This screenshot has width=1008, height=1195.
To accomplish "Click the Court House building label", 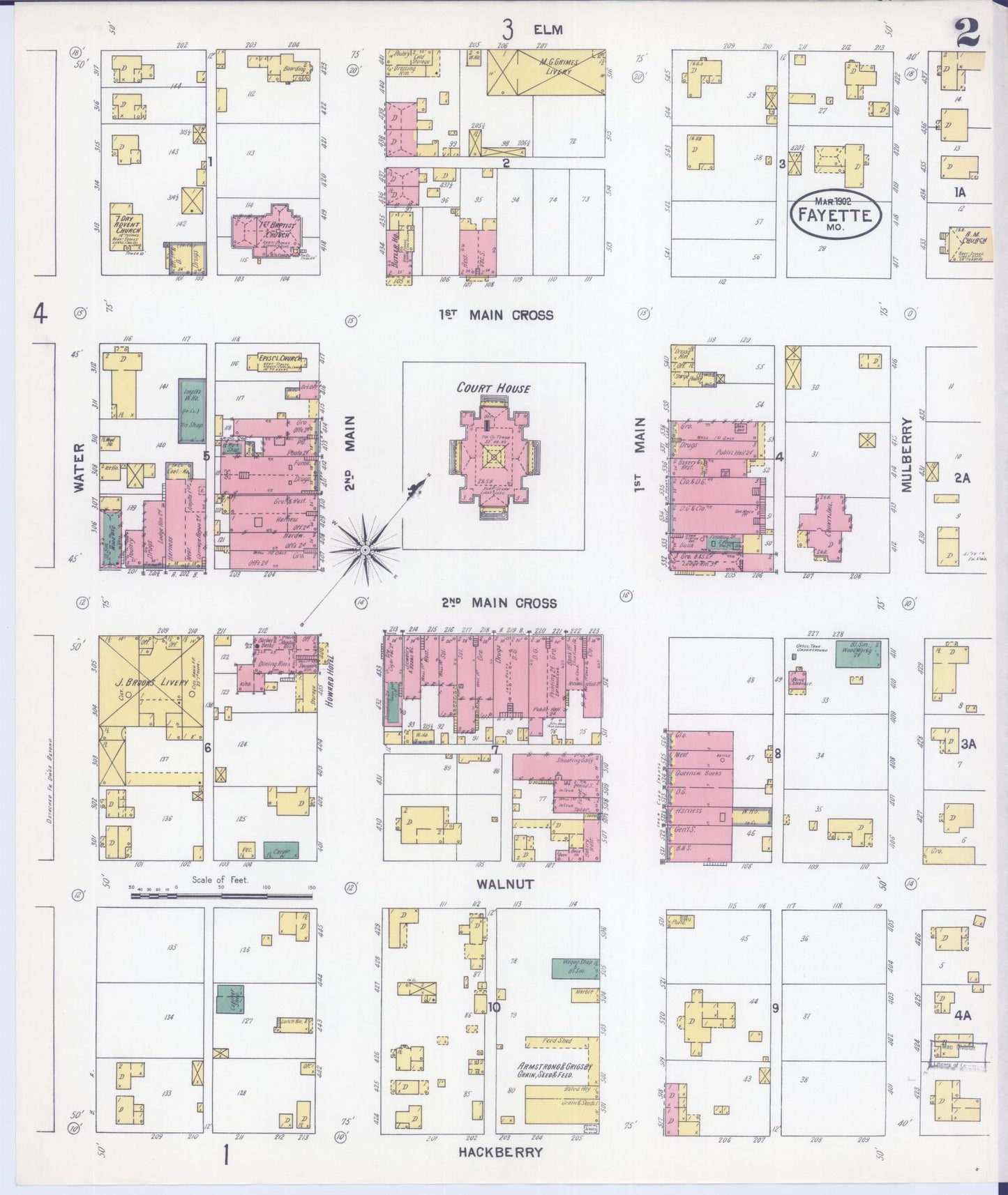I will tap(494, 388).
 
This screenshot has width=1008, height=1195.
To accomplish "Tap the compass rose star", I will tap(364, 550).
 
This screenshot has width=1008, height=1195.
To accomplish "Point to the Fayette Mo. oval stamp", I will tap(836, 215).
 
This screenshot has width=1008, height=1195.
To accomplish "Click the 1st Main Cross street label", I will tap(495, 315).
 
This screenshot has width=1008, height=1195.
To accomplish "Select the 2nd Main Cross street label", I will tap(498, 603).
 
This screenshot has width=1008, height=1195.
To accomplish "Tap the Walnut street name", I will tap(505, 884).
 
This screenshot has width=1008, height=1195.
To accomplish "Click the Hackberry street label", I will tap(499, 1152).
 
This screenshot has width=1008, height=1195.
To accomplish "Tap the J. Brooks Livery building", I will tap(150, 681).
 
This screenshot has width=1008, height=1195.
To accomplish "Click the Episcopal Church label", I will tap(279, 359).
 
